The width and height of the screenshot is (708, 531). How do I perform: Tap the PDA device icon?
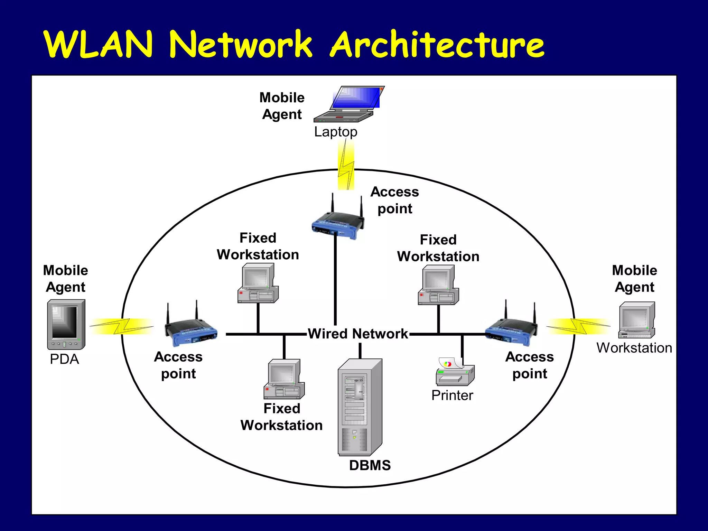[66, 324]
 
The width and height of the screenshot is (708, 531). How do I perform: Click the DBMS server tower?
[360, 407]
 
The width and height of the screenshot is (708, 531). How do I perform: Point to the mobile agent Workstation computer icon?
[636, 320]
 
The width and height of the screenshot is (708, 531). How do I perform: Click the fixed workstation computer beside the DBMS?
[284, 379]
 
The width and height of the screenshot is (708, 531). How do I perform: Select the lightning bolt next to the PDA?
[122, 326]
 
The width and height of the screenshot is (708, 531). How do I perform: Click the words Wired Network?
[358, 334]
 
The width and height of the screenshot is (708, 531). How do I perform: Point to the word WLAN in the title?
[99, 45]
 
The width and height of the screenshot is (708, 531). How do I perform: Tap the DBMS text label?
[370, 465]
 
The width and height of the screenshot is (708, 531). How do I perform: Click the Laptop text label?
[335, 132]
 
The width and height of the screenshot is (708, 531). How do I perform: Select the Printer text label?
[452, 395]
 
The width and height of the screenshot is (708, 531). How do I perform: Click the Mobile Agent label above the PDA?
[65, 279]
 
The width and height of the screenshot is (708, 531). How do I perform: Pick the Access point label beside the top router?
[394, 200]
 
